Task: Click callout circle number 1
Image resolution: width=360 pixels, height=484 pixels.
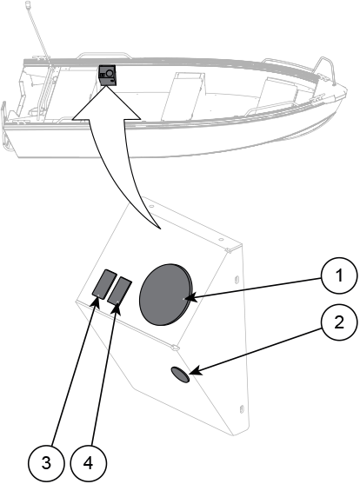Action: click(x=339, y=275)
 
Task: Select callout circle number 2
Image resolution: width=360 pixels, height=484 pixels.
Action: click(x=339, y=323)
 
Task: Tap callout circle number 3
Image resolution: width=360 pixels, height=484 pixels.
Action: click(x=46, y=463)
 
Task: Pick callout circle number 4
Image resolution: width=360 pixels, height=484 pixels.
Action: click(x=89, y=463)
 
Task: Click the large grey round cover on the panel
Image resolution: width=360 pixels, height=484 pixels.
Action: click(x=166, y=295)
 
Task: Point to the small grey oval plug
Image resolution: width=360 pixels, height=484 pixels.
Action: click(x=180, y=375)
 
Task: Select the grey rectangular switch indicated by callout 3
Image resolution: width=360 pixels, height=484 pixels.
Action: click(x=103, y=283)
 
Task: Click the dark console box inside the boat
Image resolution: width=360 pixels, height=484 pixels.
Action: click(x=107, y=76)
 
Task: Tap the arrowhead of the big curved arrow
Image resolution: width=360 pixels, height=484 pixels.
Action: click(x=106, y=102)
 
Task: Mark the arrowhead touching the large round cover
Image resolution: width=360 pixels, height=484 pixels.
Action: click(x=189, y=298)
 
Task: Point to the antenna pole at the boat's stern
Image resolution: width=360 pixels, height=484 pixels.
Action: click(x=37, y=30)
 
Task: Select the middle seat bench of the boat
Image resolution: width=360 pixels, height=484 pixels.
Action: click(x=183, y=96)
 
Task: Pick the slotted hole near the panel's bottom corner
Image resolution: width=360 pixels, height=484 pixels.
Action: click(x=242, y=408)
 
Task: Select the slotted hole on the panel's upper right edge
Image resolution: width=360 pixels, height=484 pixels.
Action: click(x=237, y=279)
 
